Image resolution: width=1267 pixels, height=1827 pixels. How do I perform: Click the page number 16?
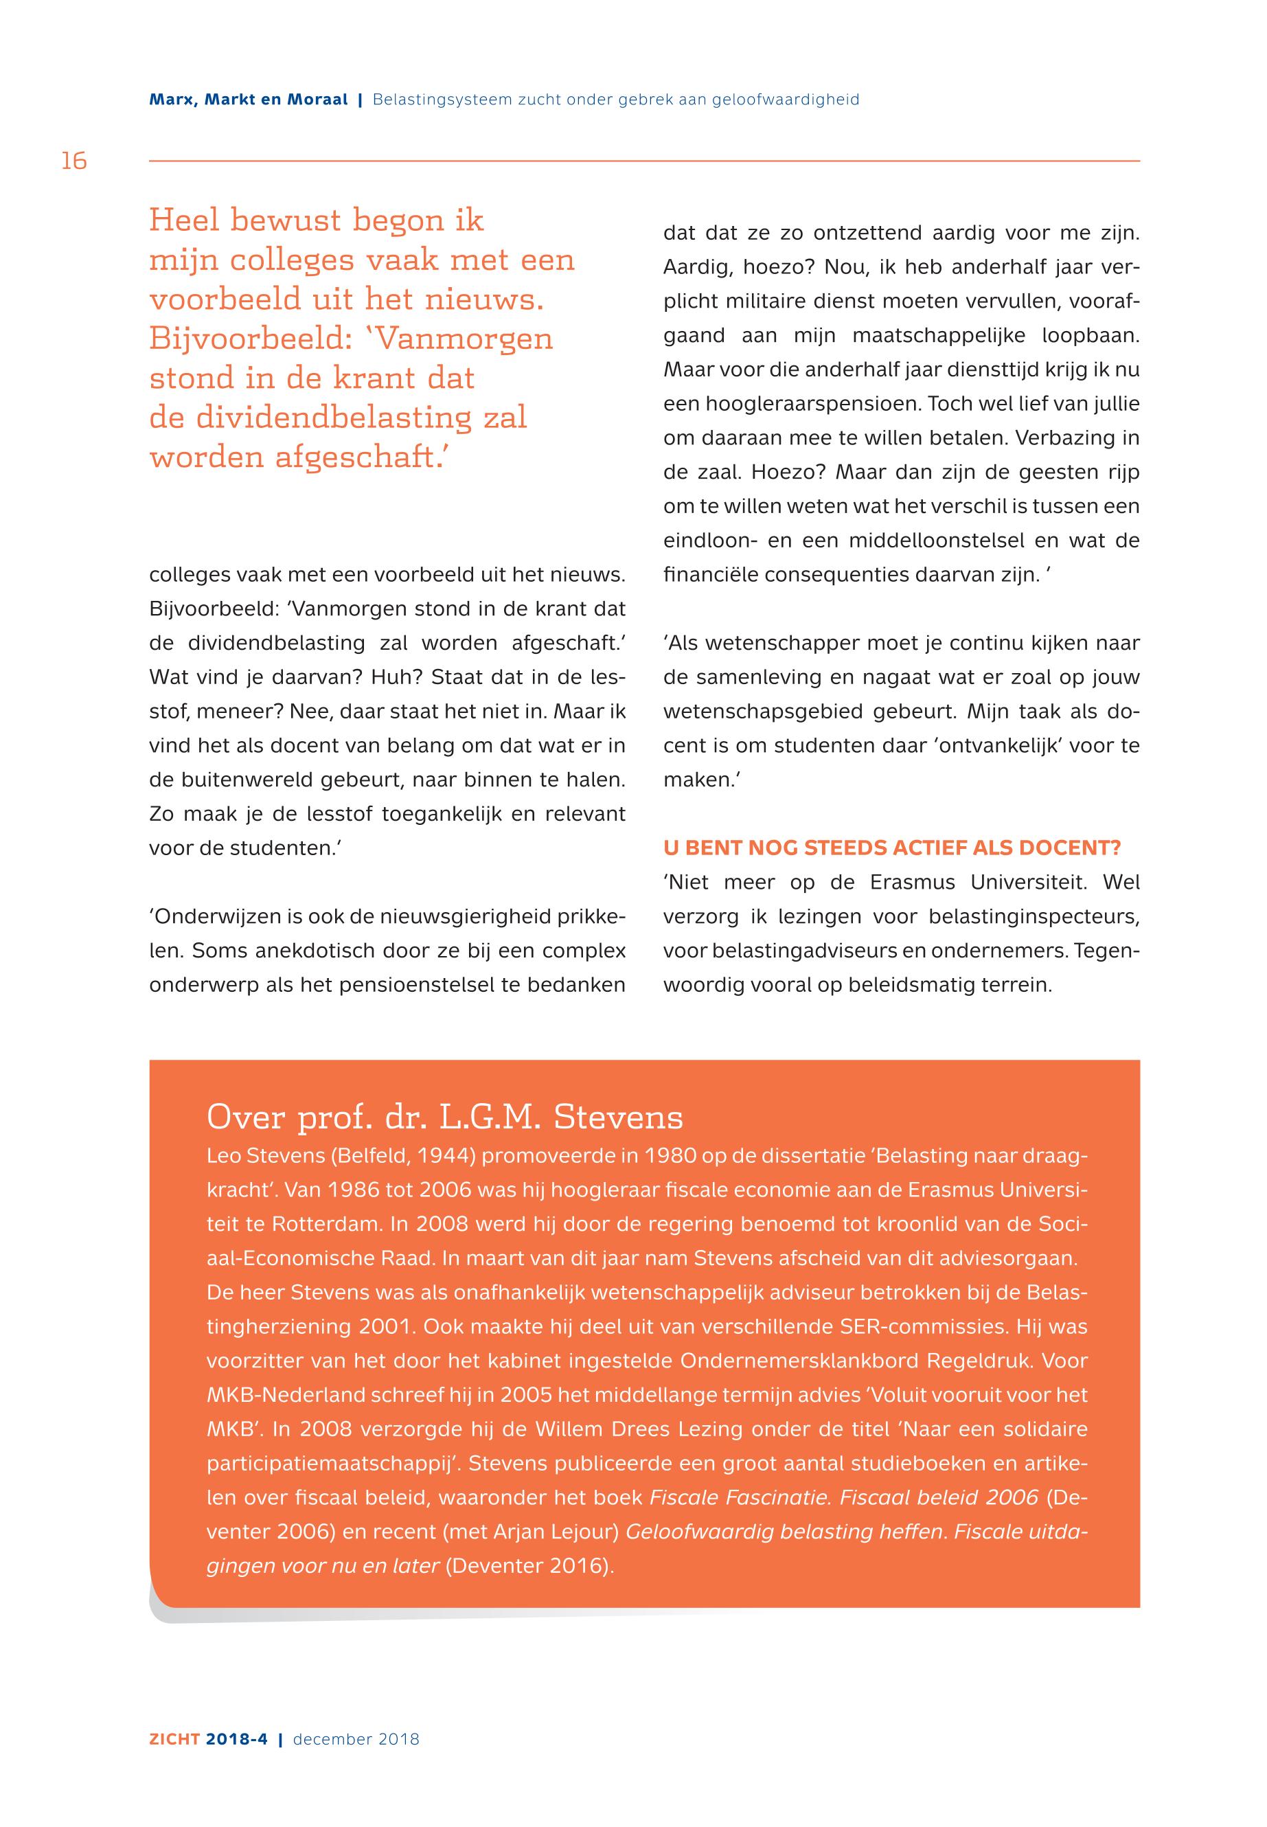pos(74,161)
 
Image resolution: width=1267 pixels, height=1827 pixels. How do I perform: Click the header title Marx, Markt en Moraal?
pos(249,100)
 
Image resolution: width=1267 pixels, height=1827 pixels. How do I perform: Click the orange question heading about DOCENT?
pos(891,848)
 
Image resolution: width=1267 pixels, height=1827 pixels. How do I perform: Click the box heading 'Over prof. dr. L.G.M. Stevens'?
pos(444,1117)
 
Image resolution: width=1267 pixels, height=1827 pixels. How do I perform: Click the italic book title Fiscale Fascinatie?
pos(741,1497)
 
